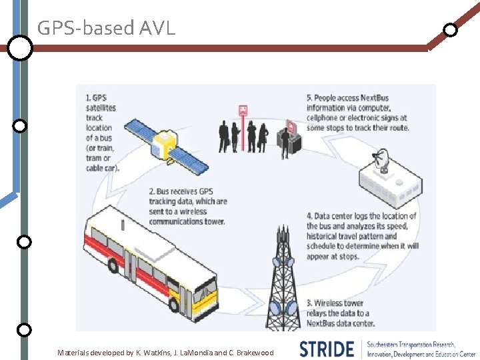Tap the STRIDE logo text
(x=326, y=349)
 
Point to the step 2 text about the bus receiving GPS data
(x=188, y=207)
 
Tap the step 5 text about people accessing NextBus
(x=357, y=113)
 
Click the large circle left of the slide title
(x=20, y=48)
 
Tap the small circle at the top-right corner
(x=451, y=30)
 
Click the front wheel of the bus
(x=176, y=305)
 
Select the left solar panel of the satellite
(x=142, y=131)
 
